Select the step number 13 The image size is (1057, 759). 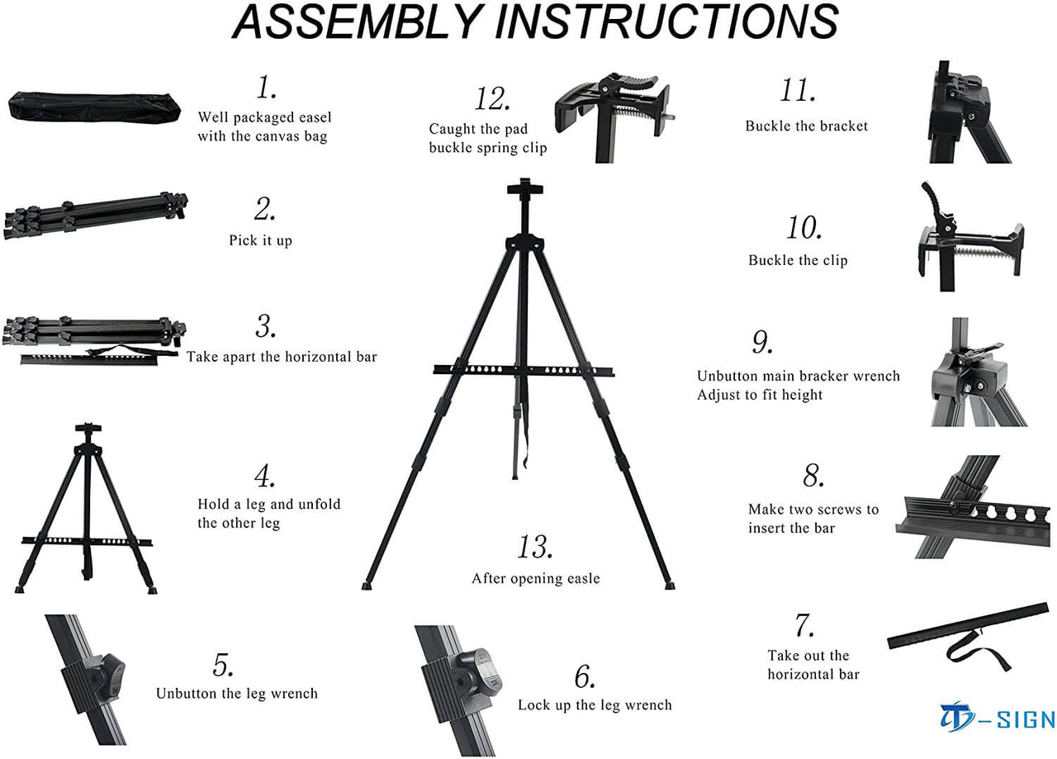point(535,547)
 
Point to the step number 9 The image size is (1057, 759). point(761,342)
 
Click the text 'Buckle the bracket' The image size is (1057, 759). point(806,126)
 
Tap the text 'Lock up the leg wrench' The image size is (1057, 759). point(595,704)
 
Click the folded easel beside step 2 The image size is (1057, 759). point(94,215)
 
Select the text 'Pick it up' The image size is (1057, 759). point(260,240)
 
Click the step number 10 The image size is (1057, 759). point(803,227)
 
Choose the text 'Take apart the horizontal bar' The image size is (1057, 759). point(282,357)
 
